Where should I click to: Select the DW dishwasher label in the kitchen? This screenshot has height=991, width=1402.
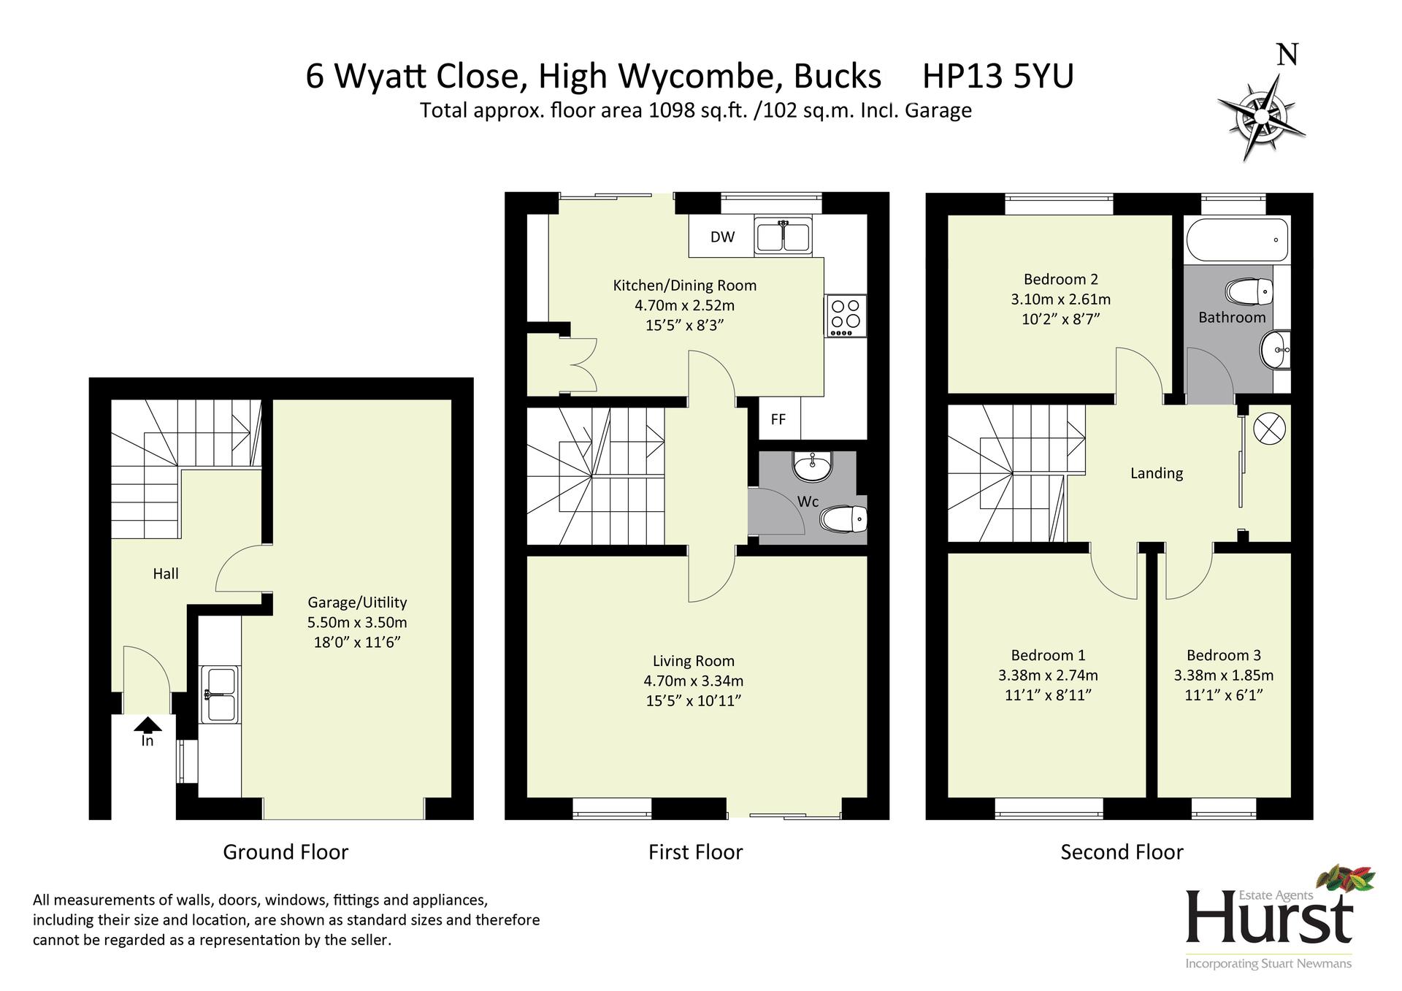[x=722, y=237]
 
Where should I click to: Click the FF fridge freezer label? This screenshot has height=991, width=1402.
[x=778, y=419]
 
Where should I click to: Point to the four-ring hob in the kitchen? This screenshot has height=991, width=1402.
[x=846, y=315]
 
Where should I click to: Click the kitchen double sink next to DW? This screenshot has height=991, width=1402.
[x=783, y=236]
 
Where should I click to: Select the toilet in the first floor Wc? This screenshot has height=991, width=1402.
[x=843, y=519]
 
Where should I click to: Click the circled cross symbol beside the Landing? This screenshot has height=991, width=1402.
[x=1269, y=429]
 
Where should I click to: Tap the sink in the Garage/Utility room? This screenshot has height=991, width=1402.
[x=220, y=693]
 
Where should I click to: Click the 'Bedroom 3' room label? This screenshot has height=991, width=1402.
[x=1223, y=655]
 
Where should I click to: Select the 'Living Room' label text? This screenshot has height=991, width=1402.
[x=693, y=661]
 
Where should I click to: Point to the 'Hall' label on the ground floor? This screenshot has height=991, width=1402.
[x=166, y=574]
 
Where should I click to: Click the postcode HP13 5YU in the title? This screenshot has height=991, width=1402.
[x=998, y=76]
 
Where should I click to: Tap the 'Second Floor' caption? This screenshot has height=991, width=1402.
[x=1122, y=852]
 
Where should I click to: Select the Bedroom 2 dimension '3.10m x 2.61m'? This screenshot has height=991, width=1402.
[x=1060, y=299]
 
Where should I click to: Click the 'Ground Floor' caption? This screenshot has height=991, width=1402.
[x=286, y=852]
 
